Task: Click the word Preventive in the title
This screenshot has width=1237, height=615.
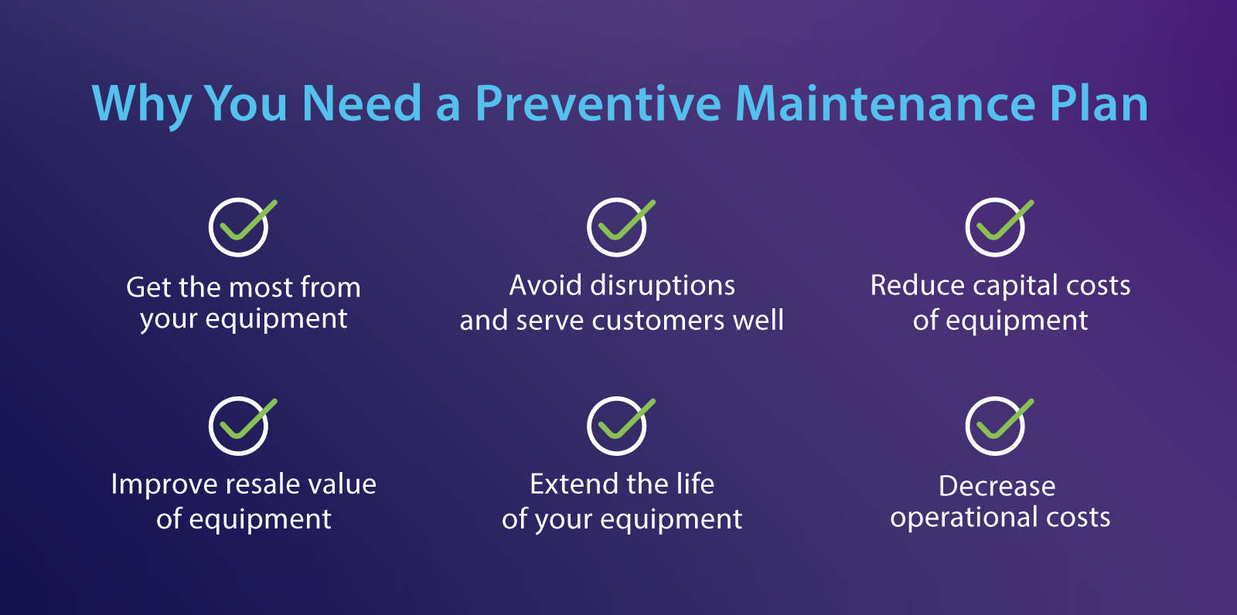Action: point(598,104)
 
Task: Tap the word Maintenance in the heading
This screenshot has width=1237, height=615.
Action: point(884,104)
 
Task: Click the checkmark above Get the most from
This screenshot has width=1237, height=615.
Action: point(240,226)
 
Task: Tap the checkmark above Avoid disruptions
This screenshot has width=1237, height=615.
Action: point(618,226)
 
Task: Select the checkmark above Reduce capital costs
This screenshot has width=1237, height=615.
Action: point(997,226)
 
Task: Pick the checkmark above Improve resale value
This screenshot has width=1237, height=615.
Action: point(240,425)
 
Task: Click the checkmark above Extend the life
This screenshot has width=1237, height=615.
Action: point(618,425)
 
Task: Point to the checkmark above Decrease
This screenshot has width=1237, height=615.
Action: point(997,425)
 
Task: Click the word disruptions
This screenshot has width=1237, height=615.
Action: point(662,286)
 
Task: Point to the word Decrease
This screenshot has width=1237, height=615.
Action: point(997,486)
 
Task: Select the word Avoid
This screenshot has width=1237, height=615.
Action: point(545,286)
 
